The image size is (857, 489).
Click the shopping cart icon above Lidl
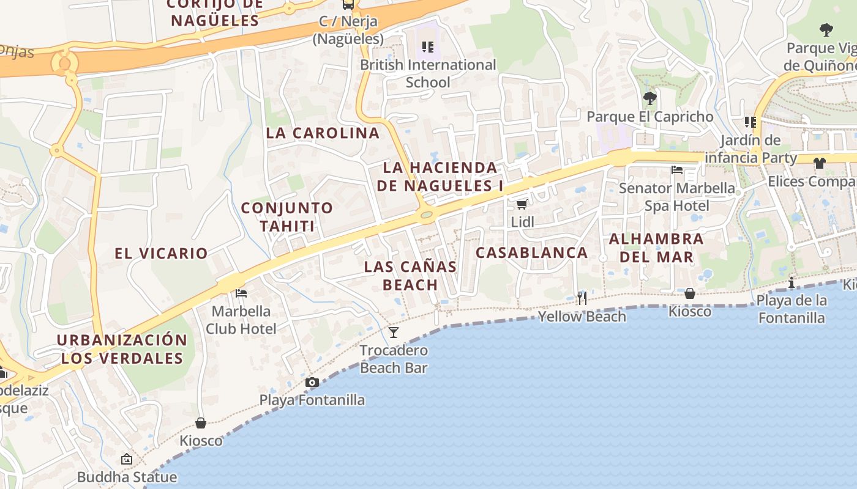[522, 204]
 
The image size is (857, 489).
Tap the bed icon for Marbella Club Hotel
[241, 293]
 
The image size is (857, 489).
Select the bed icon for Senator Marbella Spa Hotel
[677, 169]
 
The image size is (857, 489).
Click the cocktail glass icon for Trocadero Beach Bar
[394, 332]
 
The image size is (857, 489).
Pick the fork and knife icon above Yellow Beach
[582, 298]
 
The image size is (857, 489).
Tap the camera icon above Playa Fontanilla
[312, 383]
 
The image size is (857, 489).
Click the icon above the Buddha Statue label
[127, 459]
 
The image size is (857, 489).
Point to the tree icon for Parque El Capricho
[650, 98]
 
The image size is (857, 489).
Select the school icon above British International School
[428, 46]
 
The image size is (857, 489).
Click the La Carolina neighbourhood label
[323, 133]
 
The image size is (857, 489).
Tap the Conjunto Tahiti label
[287, 216]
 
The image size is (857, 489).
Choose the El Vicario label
[161, 253]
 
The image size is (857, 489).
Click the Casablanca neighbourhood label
[531, 252]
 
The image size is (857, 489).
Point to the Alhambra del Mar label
[656, 248]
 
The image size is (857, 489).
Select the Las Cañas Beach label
[410, 276]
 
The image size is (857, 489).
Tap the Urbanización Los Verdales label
[122, 349]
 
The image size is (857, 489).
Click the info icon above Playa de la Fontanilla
[792, 282]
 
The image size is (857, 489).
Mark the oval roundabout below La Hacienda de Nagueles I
[426, 214]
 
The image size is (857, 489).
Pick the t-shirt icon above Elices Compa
[820, 163]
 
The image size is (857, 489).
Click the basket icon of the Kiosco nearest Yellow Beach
[690, 293]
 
